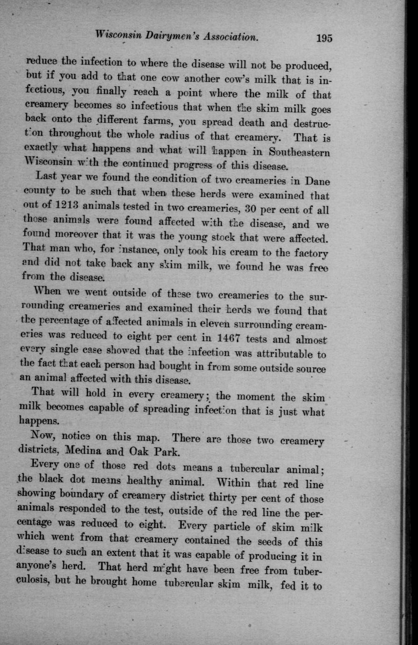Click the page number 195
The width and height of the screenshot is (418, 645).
[x=324, y=38]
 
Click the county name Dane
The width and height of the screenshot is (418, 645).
[x=317, y=180]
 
